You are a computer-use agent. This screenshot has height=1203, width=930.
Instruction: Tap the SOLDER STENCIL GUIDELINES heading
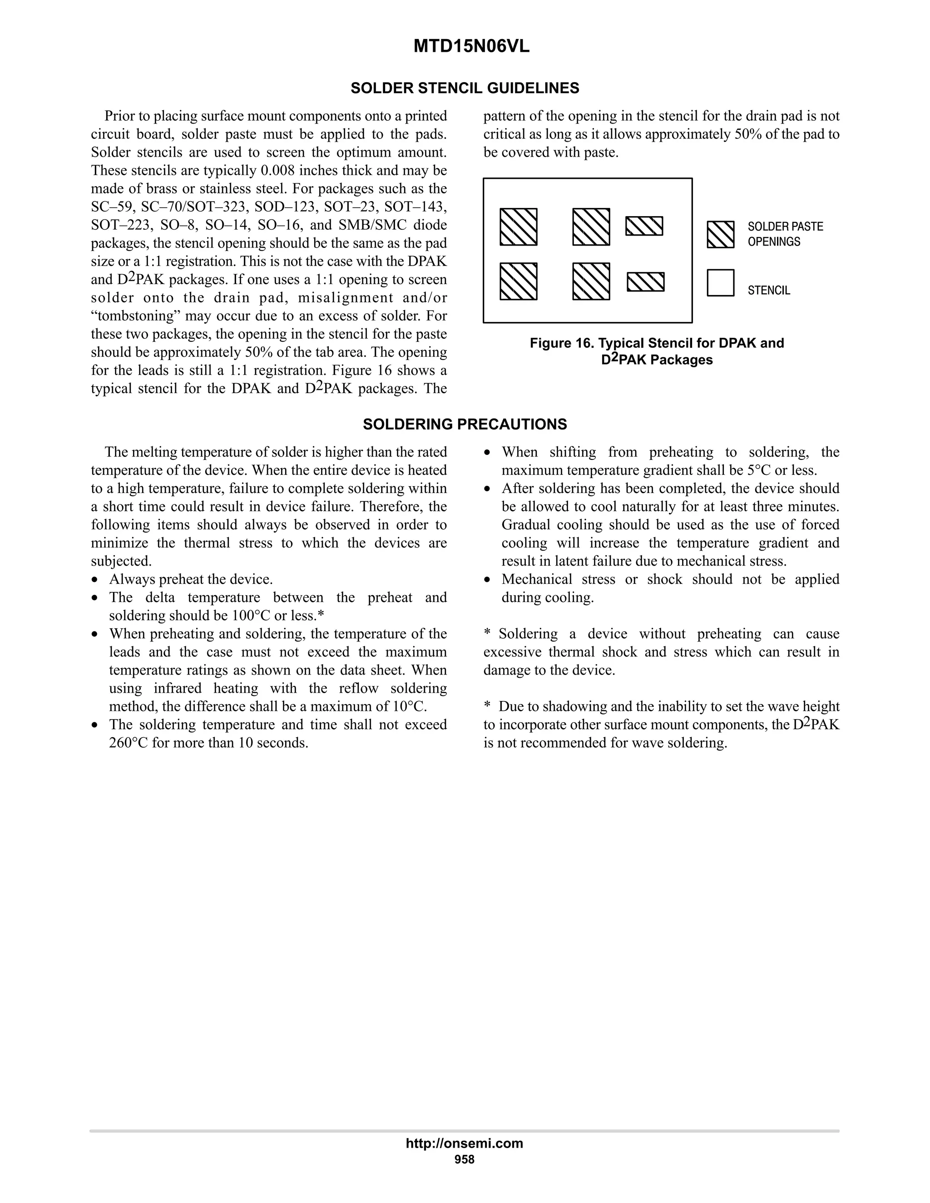click(465, 88)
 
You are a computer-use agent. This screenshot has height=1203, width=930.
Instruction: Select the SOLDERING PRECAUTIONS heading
click(465, 424)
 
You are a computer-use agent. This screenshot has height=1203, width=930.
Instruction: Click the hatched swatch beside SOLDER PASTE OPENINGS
click(720, 235)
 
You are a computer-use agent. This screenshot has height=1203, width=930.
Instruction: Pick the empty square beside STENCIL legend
click(720, 282)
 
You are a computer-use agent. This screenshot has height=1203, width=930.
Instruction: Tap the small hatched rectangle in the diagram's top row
click(643, 226)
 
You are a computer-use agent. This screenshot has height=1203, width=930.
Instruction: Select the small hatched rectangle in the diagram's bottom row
click(645, 281)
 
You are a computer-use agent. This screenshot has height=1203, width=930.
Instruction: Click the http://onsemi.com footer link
click(464, 1143)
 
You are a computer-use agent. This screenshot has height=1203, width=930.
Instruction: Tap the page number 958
click(464, 1159)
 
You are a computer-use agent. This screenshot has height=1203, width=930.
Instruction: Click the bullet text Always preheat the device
click(191, 579)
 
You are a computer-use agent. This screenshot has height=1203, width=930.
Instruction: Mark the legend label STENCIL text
click(769, 290)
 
